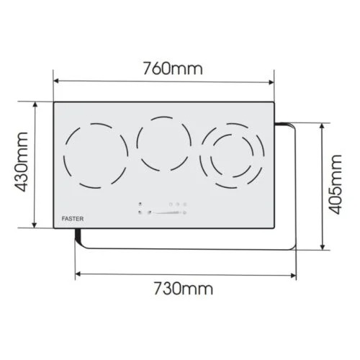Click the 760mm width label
pyautogui.click(x=173, y=68)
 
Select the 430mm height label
pyautogui.click(x=22, y=162)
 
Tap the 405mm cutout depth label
pyautogui.click(x=335, y=184)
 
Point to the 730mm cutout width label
pyautogui.click(x=183, y=288)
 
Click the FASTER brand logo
pyautogui.click(x=73, y=219)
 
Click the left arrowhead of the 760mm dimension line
pyautogui.click(x=56, y=81)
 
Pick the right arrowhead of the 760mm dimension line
pyautogui.click(x=271, y=82)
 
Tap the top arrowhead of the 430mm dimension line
pyautogui.click(x=35, y=104)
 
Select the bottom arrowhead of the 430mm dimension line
pyautogui.click(x=35, y=225)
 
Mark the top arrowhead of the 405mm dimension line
pyautogui.click(x=323, y=126)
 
